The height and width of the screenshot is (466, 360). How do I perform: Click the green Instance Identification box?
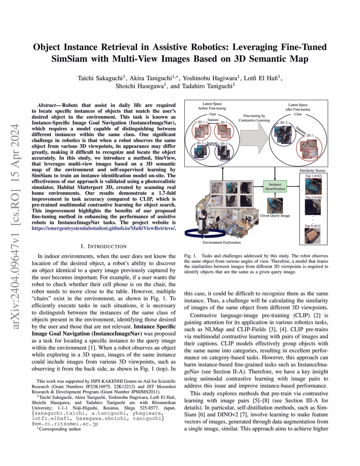(275, 186)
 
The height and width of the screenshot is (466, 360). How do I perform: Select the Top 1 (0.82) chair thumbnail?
(313, 186)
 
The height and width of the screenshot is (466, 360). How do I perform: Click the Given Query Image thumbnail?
(275, 205)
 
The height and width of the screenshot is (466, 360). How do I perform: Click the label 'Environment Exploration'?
(221, 242)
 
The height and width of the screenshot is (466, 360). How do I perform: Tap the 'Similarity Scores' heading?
(313, 171)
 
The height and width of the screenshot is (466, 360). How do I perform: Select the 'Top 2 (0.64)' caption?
(313, 197)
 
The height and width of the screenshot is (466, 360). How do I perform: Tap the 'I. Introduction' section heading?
(103, 246)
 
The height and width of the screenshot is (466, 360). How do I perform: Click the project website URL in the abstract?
(103, 228)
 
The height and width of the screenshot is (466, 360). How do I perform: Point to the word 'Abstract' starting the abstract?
(46, 105)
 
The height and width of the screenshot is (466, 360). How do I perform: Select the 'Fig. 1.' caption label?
(190, 256)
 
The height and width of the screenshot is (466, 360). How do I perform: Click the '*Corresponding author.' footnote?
(59, 429)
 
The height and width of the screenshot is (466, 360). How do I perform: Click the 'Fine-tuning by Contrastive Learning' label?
(254, 118)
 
